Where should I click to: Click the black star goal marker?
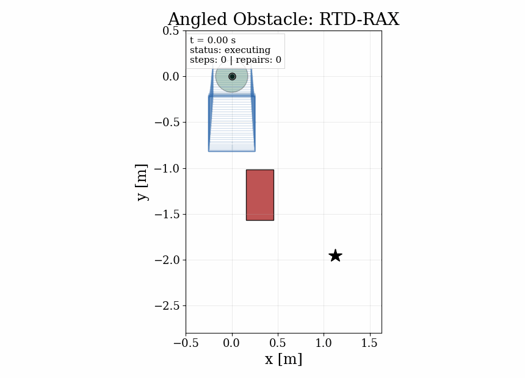pyautogui.click(x=335, y=255)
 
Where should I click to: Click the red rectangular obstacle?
pyautogui.click(x=259, y=195)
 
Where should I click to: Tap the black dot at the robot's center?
pyautogui.click(x=232, y=76)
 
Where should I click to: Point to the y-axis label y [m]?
pyautogui.click(x=142, y=182)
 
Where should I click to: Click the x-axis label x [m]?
pyautogui.click(x=283, y=359)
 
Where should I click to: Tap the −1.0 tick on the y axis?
pyautogui.click(x=166, y=168)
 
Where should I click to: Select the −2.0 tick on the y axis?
pyautogui.click(x=166, y=260)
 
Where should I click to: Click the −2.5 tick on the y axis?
pyautogui.click(x=166, y=306)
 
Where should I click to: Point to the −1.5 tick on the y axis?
pyautogui.click(x=166, y=214)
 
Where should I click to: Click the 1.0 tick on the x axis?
pyautogui.click(x=324, y=343)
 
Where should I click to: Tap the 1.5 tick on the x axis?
pyautogui.click(x=370, y=343)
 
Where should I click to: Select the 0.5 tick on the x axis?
pyautogui.click(x=278, y=343)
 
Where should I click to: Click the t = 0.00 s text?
pyautogui.click(x=212, y=41)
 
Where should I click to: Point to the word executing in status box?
pyautogui.click(x=247, y=50)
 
